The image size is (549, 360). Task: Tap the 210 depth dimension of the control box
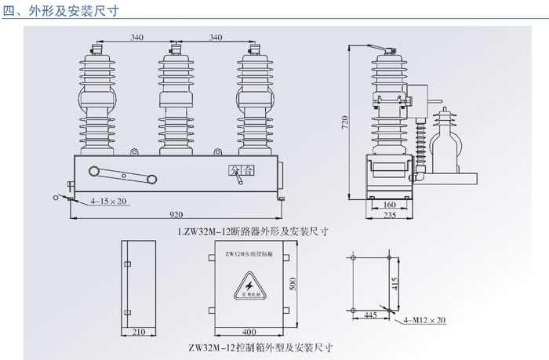pyautogui.click(x=139, y=333)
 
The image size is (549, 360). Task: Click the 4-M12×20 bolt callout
pyautogui.click(x=425, y=321)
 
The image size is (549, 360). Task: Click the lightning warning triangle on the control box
pyautogui.click(x=252, y=288)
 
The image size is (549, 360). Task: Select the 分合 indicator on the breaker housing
pyautogui.click(x=242, y=170)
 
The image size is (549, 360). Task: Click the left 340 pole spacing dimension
pyautogui.click(x=137, y=37)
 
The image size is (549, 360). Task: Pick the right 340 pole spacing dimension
pyautogui.click(x=216, y=37)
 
